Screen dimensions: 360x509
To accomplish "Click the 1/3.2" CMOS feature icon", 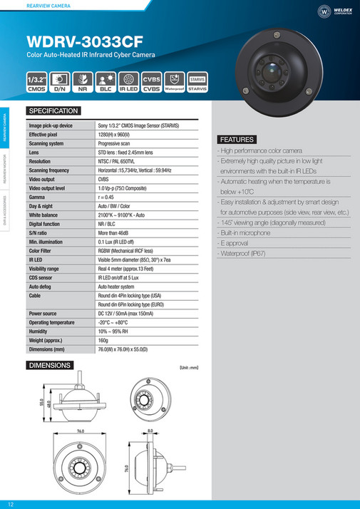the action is tap(37, 82).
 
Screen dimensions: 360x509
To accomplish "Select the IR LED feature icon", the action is tap(128, 82).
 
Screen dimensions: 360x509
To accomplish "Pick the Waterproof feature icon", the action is tap(174, 82).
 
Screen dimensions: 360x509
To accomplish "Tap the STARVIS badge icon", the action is tap(197, 82).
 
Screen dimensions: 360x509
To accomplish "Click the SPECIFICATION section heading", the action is tap(53, 111).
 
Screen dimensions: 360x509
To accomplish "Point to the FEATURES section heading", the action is tap(235, 139).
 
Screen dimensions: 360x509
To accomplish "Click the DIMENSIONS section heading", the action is tap(49, 365).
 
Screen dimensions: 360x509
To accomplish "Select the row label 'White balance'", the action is tap(44, 214).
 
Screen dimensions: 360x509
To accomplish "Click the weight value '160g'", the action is tap(104, 340).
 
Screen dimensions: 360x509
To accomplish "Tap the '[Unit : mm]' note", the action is tap(187, 366).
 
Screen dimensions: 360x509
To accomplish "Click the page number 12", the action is tap(11, 503).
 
